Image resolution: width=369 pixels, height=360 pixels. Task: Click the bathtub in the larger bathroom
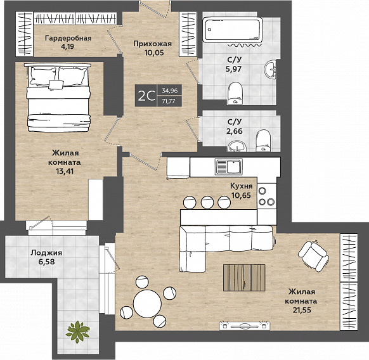coord(233,30)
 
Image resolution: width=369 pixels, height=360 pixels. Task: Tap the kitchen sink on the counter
coord(229,167)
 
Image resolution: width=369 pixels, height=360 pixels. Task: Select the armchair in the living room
coord(313,257)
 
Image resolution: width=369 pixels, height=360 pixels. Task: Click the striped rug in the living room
coord(244,278)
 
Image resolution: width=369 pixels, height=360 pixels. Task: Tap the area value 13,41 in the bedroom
coord(65,171)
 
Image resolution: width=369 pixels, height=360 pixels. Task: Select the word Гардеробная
coord(68,38)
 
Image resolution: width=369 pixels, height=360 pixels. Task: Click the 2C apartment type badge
coord(146,96)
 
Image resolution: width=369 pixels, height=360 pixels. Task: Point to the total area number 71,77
coord(169,101)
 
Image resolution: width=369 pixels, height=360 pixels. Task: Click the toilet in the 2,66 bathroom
coord(263,141)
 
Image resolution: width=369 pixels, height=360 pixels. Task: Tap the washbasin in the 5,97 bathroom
coord(270,70)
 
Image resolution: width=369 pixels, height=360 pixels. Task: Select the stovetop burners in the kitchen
coord(267,196)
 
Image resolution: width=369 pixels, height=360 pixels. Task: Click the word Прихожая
coord(153,44)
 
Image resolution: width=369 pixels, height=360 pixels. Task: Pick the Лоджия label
coord(46,253)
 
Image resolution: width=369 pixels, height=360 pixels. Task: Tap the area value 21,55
coord(302,310)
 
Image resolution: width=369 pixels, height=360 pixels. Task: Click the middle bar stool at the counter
coord(207,202)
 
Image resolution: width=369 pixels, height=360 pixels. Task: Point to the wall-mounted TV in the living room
coord(245,326)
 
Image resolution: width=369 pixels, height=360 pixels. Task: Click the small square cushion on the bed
coord(56,84)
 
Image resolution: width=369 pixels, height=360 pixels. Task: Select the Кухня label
coord(241,186)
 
